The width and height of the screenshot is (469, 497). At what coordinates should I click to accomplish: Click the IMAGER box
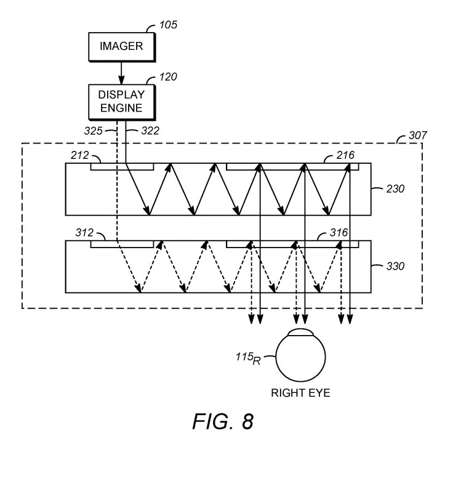coord(122,47)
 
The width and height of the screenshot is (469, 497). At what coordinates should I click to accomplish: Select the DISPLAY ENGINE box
coord(122,102)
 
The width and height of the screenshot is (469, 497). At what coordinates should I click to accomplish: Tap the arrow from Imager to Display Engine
coord(121,73)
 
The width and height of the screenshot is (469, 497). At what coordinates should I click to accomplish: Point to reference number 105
coord(168,25)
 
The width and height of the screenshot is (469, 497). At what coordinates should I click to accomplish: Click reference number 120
coord(168,77)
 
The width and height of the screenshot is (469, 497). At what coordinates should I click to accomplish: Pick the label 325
coord(93,131)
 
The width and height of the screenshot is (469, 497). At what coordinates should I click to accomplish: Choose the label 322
coord(150,131)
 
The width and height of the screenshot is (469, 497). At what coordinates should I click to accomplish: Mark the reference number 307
coord(418,135)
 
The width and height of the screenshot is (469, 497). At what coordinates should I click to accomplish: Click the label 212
coord(80,155)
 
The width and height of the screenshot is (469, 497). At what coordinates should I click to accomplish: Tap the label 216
coord(345,155)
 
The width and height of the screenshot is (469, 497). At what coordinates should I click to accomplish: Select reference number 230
coord(395,189)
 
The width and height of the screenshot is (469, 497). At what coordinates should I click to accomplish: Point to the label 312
coord(84,233)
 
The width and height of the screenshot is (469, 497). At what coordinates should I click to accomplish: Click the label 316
coord(339,233)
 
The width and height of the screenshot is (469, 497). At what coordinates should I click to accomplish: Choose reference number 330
coord(395,266)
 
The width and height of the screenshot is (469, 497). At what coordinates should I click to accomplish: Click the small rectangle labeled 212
coord(122,167)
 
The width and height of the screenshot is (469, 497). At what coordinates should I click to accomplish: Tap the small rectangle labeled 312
coord(122,244)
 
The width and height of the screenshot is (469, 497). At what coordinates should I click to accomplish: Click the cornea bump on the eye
coord(300,332)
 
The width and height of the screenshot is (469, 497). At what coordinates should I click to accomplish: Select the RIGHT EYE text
coord(300,393)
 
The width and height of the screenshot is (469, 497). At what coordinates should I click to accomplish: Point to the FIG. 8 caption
coord(223,422)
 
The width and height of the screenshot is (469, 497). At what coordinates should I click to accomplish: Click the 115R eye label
coord(248,358)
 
